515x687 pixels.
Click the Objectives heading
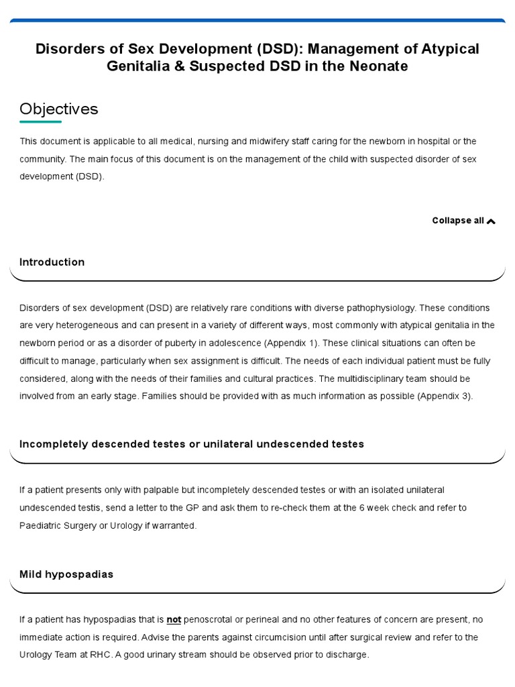(59, 109)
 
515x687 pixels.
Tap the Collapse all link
(458, 221)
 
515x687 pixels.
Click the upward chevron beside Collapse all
(491, 221)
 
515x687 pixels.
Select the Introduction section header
(52, 262)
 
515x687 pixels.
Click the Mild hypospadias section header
(66, 574)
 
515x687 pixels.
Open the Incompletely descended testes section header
(192, 444)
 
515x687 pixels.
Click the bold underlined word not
(174, 619)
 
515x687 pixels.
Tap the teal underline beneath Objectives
(40, 122)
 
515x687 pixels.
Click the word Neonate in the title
(382, 67)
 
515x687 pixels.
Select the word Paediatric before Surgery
(42, 525)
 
